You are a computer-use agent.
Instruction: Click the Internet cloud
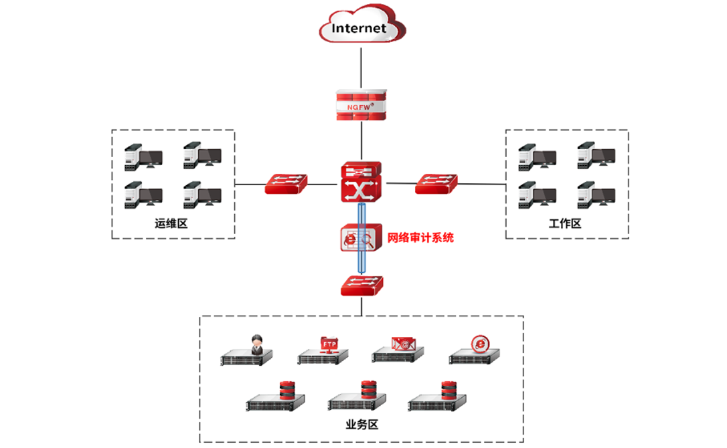[x=362, y=27]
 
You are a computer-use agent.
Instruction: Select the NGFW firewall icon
[x=362, y=105]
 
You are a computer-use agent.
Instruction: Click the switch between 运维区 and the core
[x=286, y=184]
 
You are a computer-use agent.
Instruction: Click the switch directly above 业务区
[x=362, y=286]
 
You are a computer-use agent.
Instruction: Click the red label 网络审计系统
[x=420, y=237]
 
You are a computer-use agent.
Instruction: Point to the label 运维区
[x=171, y=223]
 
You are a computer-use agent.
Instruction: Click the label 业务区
[x=362, y=425]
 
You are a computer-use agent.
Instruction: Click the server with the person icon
[x=248, y=352]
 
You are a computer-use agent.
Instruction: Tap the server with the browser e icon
[x=475, y=352]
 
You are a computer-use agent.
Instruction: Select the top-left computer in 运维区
[x=143, y=156]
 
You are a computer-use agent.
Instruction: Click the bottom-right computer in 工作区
[x=596, y=195]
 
